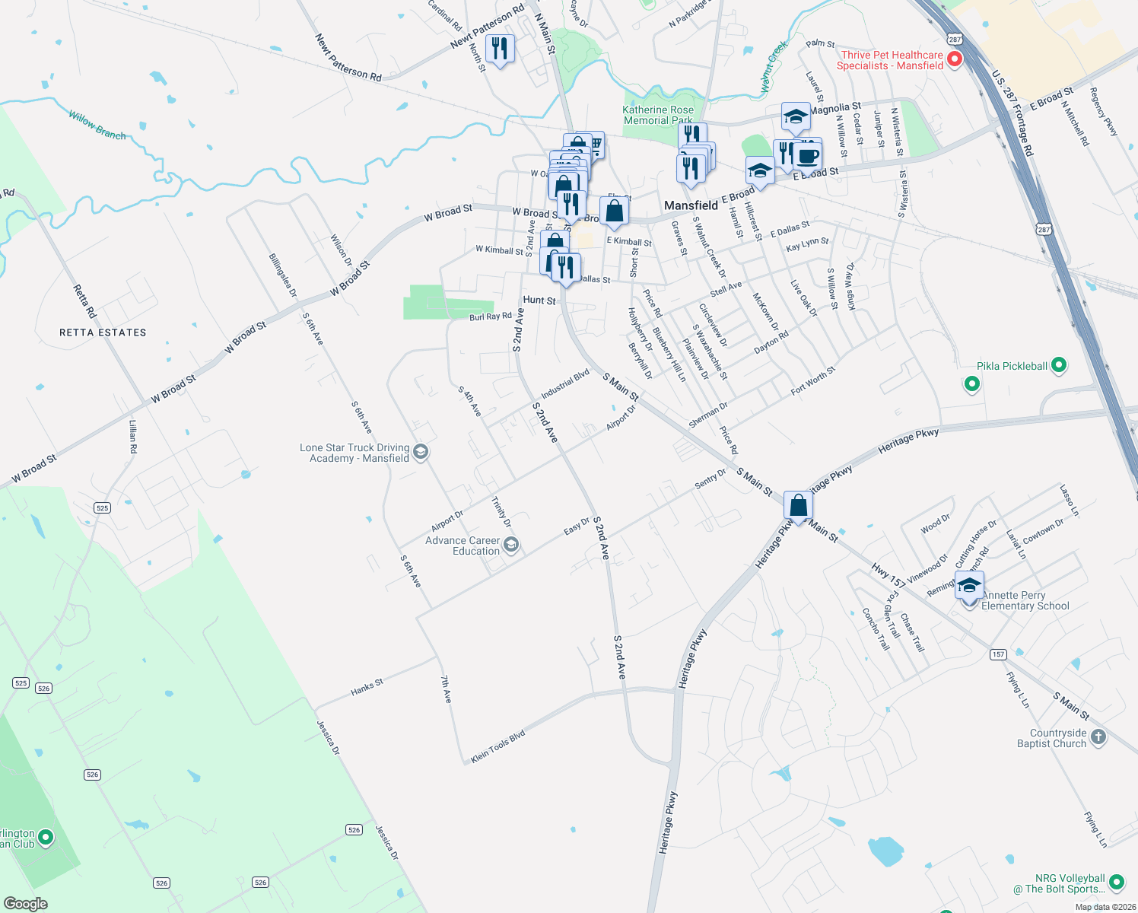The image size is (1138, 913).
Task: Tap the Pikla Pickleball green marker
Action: [1058, 366]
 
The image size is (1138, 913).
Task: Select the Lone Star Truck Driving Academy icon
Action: [421, 453]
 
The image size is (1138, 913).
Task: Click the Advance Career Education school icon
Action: [511, 545]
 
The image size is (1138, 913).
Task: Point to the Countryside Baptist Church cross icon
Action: [1098, 736]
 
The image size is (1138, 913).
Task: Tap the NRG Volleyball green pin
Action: [1116, 883]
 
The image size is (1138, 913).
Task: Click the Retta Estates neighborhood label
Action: [103, 332]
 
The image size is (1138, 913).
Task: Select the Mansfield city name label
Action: [691, 205]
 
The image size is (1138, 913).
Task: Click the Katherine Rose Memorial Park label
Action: [658, 115]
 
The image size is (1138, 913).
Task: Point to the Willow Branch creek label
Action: [97, 125]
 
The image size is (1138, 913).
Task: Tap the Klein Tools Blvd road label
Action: [497, 747]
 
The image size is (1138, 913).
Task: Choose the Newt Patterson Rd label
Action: [348, 57]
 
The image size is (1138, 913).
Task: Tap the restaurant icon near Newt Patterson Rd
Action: [499, 49]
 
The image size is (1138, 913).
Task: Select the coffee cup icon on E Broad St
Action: [807, 157]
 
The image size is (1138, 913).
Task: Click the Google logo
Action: [26, 904]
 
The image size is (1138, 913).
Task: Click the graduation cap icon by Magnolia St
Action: [795, 117]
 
